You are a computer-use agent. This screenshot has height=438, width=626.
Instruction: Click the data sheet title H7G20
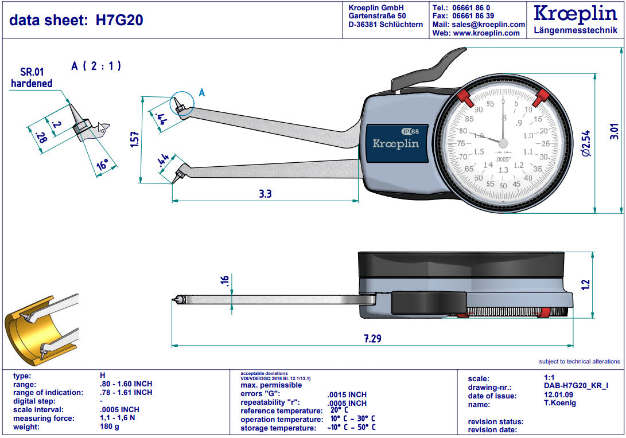tap(76, 20)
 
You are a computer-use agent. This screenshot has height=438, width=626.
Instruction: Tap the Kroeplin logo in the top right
tap(576, 14)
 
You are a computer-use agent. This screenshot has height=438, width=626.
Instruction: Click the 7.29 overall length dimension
tap(372, 338)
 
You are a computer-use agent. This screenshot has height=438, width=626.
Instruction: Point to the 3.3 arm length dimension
tap(265, 194)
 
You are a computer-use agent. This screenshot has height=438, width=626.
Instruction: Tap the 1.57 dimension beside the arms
tap(134, 140)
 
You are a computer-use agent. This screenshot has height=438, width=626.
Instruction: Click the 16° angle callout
tap(102, 166)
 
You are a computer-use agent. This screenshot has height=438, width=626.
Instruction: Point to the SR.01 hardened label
tap(32, 77)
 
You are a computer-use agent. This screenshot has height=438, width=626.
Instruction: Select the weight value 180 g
tap(110, 427)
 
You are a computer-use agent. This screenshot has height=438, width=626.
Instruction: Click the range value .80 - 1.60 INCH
tap(126, 384)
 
